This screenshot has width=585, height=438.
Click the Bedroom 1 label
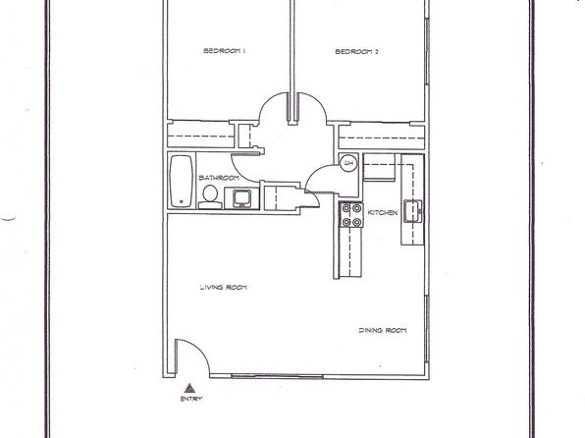pyautogui.click(x=224, y=51)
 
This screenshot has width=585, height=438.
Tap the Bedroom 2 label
pyautogui.click(x=356, y=51)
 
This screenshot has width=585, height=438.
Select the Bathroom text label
pyautogui.click(x=219, y=178)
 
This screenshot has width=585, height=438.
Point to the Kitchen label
pyautogui.click(x=383, y=212)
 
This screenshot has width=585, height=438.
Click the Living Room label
pyautogui.click(x=224, y=287)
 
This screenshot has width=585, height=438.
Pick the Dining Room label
pyautogui.click(x=383, y=330)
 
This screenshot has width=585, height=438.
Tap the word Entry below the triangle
pyautogui.click(x=191, y=399)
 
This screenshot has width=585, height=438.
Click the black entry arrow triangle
pyautogui.click(x=189, y=388)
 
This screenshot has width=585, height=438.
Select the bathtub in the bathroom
pyautogui.click(x=182, y=181)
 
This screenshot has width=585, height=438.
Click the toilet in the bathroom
pyautogui.click(x=210, y=197)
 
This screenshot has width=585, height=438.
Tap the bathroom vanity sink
pyautogui.click(x=241, y=198)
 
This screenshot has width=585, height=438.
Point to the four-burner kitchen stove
pyautogui.click(x=351, y=215)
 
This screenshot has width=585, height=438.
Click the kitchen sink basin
pyautogui.click(x=412, y=211)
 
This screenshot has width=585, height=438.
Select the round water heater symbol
pyautogui.click(x=348, y=162)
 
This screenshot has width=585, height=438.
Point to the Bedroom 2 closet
pyautogui.click(x=381, y=137)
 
